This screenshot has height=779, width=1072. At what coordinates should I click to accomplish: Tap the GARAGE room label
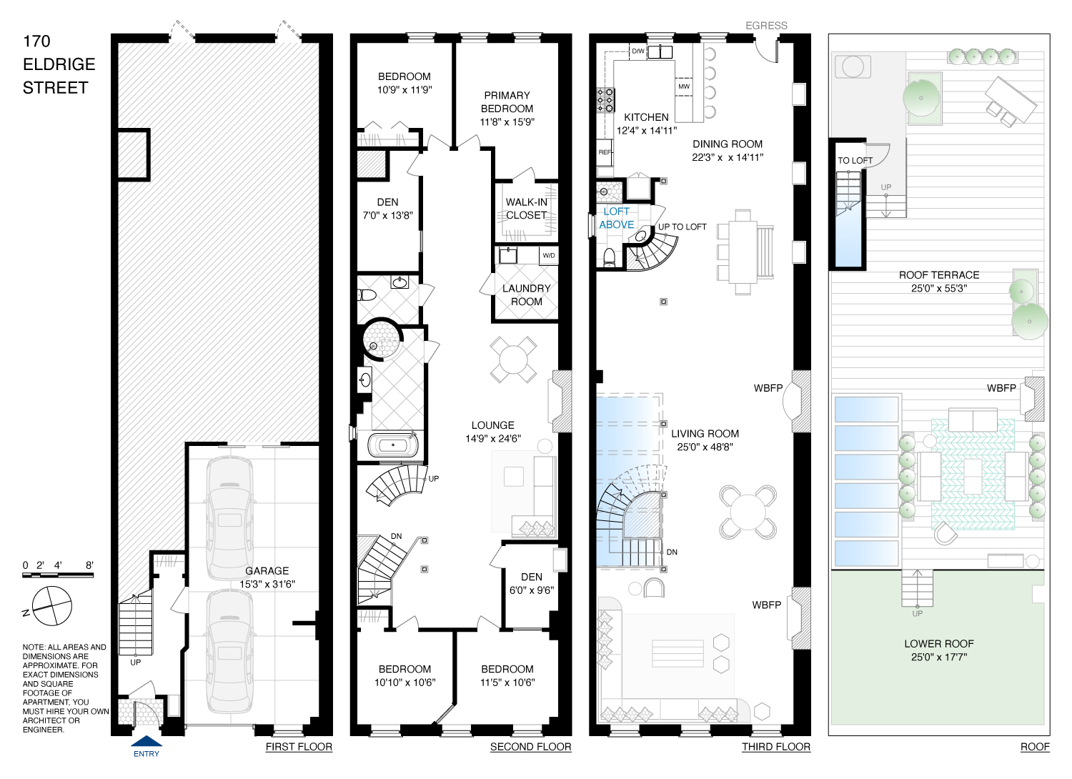[x=267, y=571]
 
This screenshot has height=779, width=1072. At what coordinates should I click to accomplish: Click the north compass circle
[x=51, y=606]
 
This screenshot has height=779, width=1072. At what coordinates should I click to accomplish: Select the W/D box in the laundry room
[x=548, y=256]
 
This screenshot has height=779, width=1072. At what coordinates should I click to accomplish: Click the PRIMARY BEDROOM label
[x=507, y=102]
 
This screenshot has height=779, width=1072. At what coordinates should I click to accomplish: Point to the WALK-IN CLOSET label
[x=527, y=209]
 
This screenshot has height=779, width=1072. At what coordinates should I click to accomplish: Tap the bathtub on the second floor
[x=393, y=445]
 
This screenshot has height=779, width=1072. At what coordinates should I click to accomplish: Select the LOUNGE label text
[x=493, y=425]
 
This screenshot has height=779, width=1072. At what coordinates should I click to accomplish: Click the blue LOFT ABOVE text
[x=616, y=218]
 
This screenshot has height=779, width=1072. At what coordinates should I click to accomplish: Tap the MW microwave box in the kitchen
[x=684, y=86]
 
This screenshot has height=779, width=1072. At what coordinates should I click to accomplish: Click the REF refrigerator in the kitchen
[x=605, y=152]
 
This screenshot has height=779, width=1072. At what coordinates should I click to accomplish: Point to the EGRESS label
[x=766, y=25]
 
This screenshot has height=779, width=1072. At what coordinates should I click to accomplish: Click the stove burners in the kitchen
[x=605, y=100]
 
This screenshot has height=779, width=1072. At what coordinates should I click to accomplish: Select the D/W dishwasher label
[x=638, y=51]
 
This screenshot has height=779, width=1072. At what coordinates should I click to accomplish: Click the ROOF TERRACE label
[x=939, y=275]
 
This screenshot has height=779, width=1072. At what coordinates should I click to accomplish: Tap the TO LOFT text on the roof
[x=855, y=161]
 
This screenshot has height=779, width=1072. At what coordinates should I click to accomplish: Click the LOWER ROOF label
[x=939, y=644]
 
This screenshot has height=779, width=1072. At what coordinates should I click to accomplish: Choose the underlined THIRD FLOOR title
[x=776, y=747]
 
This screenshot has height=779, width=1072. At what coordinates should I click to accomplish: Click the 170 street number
[x=36, y=41]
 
